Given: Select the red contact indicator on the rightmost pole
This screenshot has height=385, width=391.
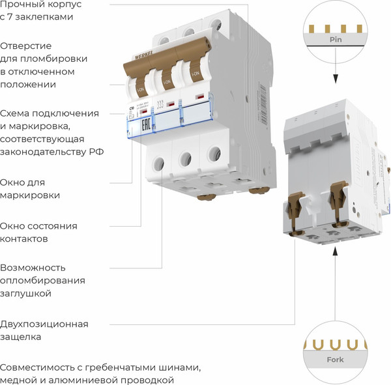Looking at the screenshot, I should [199, 98].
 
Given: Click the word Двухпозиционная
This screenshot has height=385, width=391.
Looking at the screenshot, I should [44, 324].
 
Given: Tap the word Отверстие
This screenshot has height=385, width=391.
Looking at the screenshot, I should [26, 46].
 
